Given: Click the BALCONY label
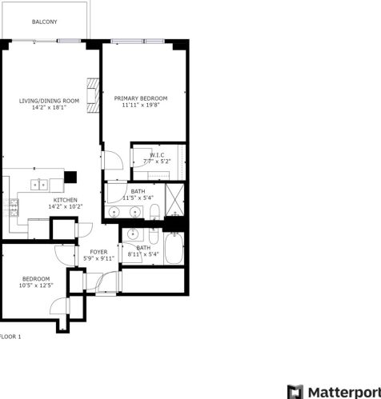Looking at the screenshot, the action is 45,22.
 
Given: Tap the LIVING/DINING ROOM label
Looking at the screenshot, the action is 49,101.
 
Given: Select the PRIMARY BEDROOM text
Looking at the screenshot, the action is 141,98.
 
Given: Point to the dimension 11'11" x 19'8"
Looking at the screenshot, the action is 141,105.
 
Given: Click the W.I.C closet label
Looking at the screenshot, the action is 157,155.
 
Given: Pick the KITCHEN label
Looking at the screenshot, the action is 66,200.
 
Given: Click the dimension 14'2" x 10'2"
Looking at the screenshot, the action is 66,206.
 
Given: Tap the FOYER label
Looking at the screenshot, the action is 98,252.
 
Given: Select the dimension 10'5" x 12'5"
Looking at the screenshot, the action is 36,285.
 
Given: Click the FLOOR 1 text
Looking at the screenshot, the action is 10,337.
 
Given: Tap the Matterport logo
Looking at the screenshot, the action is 334,392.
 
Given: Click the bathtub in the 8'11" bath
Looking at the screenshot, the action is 174,249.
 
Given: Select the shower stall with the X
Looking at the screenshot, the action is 174,200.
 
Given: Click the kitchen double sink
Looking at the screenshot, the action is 39,185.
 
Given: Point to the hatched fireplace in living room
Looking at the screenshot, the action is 93,95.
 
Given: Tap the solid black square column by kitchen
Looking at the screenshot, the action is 70,178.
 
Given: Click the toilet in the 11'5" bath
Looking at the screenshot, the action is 154,212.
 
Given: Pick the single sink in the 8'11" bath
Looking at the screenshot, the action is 132,234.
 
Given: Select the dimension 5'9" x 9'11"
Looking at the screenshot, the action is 98,258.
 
